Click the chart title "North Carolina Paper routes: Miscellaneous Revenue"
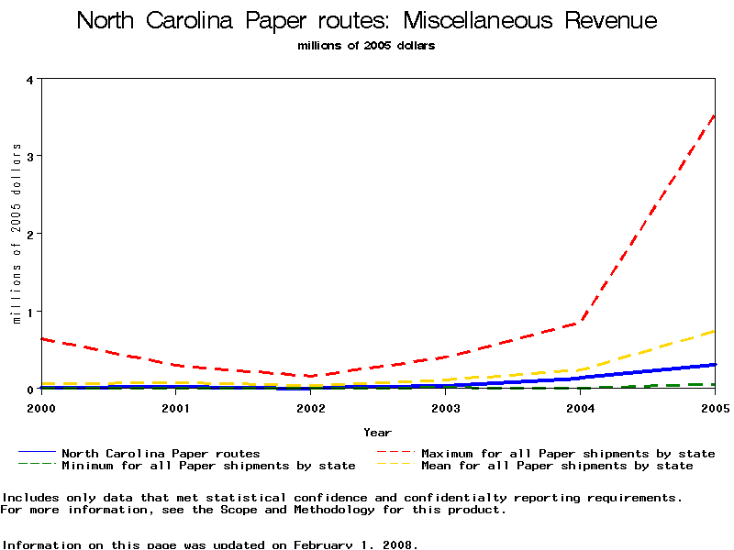click(x=367, y=20)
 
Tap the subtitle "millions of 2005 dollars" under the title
click(x=367, y=45)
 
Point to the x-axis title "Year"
click(x=377, y=432)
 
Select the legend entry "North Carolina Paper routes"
click(x=161, y=453)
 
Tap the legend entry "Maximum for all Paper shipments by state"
click(x=568, y=453)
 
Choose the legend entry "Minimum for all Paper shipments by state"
click(x=208, y=466)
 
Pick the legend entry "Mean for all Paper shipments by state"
click(x=557, y=466)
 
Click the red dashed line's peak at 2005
click(x=714, y=115)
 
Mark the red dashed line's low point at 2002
click(x=310, y=376)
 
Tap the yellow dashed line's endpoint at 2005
click(x=714, y=331)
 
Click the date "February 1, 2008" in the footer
click(x=355, y=544)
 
